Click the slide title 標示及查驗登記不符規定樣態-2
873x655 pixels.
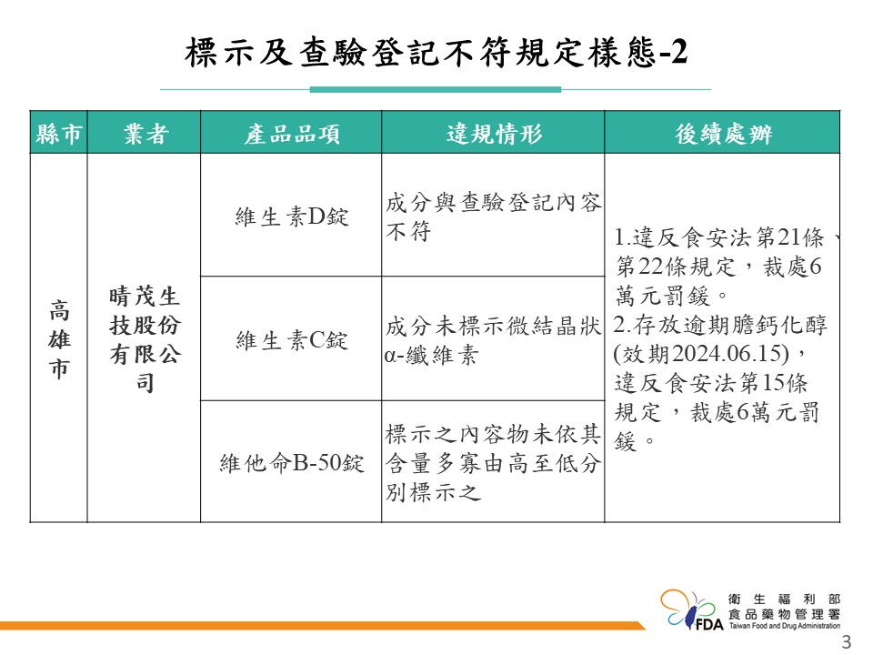[x=436, y=53]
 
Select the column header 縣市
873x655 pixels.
[x=59, y=134]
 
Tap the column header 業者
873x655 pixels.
[x=145, y=134]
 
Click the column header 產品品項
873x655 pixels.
[x=292, y=134]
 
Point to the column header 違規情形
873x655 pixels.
[x=494, y=134]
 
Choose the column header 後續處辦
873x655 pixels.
[x=723, y=134]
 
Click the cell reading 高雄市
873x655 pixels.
[x=60, y=338]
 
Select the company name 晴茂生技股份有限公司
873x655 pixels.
[x=145, y=338]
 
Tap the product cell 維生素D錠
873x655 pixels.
[x=292, y=217]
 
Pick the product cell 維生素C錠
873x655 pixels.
[x=292, y=339]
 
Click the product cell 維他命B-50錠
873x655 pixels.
[x=292, y=462]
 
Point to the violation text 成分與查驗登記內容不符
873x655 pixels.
[x=493, y=217]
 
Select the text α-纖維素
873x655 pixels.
[x=431, y=355]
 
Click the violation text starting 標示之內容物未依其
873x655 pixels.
[x=493, y=463]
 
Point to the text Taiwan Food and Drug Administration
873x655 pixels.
[x=785, y=626]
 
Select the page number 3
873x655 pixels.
[x=847, y=641]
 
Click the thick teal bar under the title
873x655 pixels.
[x=436, y=89]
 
